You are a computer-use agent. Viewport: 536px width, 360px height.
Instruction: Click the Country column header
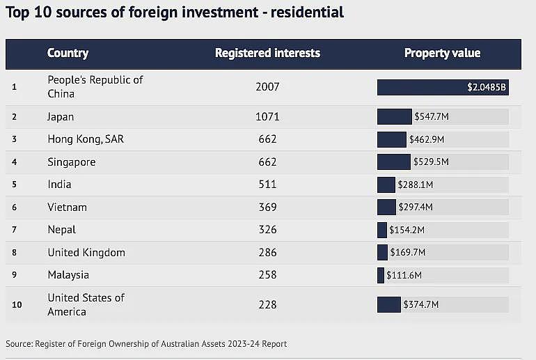pos(68,53)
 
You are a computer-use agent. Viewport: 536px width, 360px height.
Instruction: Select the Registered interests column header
pos(267,53)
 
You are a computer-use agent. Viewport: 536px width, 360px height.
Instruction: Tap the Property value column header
pos(442,53)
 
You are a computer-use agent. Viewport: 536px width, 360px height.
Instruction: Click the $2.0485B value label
pos(487,87)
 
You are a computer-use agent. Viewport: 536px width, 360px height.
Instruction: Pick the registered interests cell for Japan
pos(267,116)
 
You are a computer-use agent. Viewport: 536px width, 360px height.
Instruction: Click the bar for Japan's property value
pos(395,116)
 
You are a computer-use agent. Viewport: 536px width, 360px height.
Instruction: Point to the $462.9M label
pos(427,139)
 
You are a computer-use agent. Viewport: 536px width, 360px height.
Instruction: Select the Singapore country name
pos(72,162)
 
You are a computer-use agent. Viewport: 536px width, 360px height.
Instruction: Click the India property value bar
pos(386,185)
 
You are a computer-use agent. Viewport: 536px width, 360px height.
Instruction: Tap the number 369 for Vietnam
pos(268,208)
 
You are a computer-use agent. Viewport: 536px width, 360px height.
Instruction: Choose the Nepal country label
pos(61,230)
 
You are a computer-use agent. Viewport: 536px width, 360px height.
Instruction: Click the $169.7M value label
pos(408,252)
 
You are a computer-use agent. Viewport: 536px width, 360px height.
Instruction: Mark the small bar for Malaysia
pos(381,275)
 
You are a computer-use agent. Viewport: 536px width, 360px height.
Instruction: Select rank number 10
pos(17,304)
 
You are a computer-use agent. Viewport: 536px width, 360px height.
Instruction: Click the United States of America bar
pos(389,304)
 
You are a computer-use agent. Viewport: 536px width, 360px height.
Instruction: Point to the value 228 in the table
pos(267,304)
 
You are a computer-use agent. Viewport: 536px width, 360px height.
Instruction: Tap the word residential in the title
pos(307,13)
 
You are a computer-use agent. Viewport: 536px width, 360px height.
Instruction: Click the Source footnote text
pos(146,343)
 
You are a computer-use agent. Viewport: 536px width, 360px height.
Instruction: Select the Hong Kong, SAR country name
pos(86,139)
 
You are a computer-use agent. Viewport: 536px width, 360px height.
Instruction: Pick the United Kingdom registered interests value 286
pos(267,252)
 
